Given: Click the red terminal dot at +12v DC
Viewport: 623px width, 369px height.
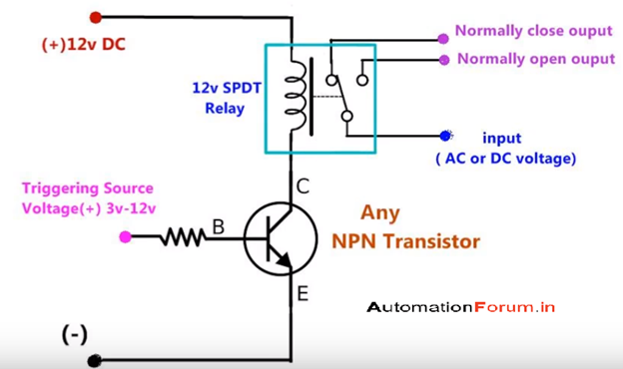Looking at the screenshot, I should (96, 17).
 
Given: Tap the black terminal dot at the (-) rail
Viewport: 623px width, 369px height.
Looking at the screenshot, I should (96, 360).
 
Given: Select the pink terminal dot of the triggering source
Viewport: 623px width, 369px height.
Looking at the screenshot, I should (125, 236).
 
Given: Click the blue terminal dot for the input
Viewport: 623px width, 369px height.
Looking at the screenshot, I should (444, 136).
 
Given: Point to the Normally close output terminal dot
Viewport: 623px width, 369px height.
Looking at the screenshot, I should (441, 40).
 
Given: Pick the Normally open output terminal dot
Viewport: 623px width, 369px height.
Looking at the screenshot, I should (442, 59).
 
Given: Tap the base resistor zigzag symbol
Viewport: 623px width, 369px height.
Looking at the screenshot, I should (184, 236).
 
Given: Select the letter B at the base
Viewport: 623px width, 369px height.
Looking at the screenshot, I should (218, 228).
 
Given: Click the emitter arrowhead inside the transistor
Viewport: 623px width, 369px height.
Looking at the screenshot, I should (285, 261).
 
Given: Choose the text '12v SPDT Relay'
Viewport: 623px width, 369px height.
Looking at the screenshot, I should (226, 97).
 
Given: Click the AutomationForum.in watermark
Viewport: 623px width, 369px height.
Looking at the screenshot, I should (461, 307).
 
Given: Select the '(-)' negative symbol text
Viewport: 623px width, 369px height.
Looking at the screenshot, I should (75, 335).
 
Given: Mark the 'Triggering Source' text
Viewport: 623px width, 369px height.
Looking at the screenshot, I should (87, 187).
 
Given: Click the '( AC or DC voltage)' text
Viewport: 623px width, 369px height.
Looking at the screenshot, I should (506, 159).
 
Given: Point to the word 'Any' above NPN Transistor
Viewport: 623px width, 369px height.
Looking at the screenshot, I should (381, 212).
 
